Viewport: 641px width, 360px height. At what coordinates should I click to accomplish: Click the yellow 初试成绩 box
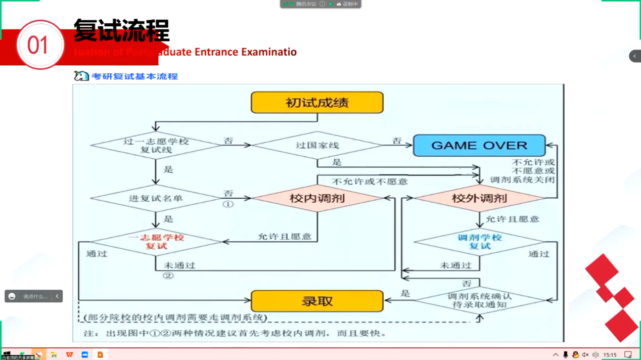pos(317,103)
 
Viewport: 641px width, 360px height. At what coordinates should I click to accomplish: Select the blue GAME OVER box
pos(479,146)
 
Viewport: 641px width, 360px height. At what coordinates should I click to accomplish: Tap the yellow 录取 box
pos(317,301)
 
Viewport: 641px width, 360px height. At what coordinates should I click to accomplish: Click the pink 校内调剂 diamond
pos(317,198)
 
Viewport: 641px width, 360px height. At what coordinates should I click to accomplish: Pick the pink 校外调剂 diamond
pos(479,198)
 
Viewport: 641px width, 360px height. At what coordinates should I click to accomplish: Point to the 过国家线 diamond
pos(317,146)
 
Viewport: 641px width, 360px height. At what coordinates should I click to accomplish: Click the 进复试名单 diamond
pos(156,198)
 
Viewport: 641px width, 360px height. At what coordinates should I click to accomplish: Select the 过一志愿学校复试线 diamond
pos(156,146)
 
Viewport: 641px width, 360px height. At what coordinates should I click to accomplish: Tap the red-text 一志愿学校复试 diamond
pos(156,242)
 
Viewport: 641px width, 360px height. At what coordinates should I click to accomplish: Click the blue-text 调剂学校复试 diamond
pos(479,242)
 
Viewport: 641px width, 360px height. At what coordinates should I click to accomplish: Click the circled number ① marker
pos(228,205)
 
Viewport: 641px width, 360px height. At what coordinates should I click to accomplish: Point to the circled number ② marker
pos(168,276)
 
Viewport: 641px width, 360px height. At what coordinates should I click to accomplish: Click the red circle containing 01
pos(40,45)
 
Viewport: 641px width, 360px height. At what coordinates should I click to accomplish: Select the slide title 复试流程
pos(121,30)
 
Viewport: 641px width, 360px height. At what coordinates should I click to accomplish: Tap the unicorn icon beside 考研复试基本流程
pos(81,76)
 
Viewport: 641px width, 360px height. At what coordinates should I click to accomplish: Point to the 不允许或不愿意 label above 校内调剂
pos(370,181)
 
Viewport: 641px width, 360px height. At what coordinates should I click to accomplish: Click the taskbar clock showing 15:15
pos(610,355)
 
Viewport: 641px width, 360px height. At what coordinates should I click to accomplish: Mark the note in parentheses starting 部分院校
pos(175,318)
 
